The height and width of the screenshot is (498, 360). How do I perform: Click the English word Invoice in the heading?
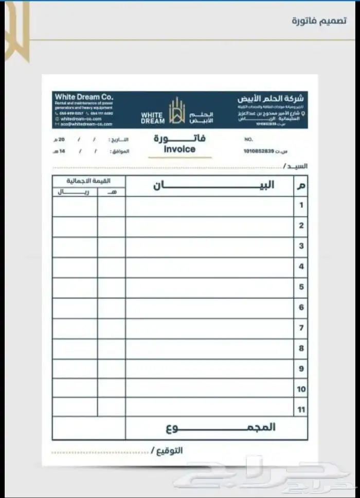(x=179, y=149)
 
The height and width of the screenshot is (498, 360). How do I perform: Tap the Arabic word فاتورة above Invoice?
(x=179, y=138)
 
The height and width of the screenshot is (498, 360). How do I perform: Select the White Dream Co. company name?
(x=84, y=97)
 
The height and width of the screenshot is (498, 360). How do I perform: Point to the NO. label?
(x=248, y=139)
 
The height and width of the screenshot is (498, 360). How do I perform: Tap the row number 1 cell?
(x=301, y=205)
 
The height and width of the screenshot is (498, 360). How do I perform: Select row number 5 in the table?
(x=301, y=287)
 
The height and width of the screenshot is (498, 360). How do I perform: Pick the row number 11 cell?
(x=301, y=410)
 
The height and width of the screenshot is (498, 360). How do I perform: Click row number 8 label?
(x=301, y=348)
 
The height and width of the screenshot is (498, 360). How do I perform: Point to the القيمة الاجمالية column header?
(x=88, y=181)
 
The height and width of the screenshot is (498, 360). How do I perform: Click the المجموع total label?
(x=221, y=428)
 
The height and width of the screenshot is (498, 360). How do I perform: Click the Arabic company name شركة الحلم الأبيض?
(x=271, y=98)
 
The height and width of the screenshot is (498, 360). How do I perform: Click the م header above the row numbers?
(x=301, y=186)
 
